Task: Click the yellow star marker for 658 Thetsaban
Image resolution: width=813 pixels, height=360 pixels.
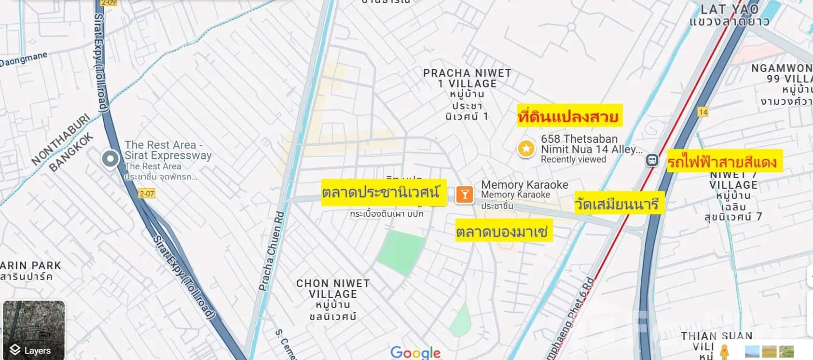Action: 526,149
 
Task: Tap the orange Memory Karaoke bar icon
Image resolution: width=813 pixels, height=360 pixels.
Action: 464,194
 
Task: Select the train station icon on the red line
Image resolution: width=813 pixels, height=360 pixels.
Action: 652,160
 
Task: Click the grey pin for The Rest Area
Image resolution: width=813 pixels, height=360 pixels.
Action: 110,159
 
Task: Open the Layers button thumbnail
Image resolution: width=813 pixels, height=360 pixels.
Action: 33,330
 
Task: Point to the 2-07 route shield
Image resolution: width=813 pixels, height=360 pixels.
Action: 147,194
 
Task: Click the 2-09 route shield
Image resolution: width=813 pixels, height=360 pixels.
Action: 109,3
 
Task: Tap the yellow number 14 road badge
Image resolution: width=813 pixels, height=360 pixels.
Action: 703,112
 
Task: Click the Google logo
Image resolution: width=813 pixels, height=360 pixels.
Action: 415,353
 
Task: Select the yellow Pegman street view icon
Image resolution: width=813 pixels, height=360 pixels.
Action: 724,352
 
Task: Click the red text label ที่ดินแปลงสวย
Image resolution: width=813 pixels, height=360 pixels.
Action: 568,116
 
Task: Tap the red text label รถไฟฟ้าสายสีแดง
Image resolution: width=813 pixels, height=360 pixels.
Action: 723,162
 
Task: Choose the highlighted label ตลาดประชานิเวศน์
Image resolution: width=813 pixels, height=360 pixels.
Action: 381,193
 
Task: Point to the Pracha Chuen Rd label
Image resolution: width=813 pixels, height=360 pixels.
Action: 272,251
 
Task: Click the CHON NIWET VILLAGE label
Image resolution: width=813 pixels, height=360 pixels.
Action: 333,289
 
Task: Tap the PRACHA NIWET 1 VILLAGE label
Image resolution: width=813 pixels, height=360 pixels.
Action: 467,78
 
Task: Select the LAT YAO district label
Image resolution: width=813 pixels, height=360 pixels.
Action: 729,9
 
